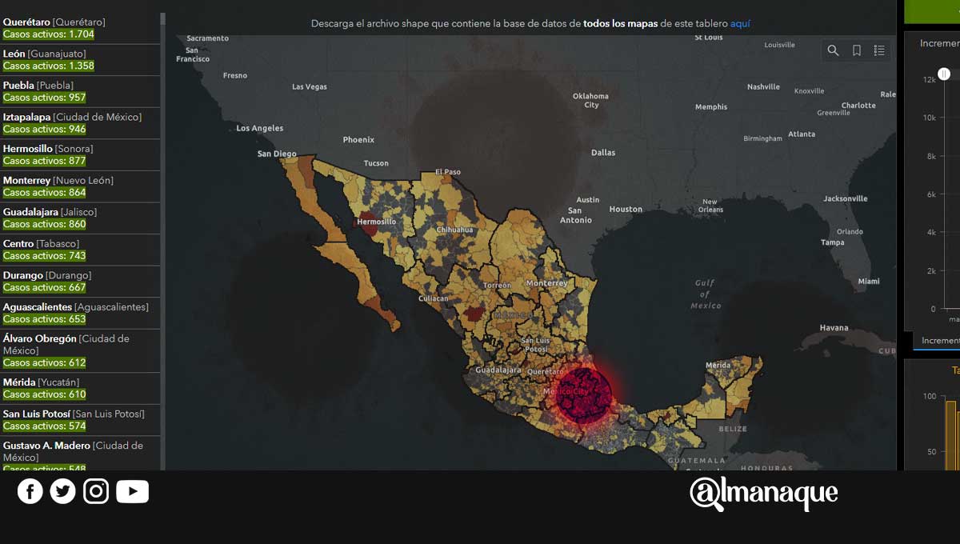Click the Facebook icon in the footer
(x=30, y=491)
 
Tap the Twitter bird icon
(x=62, y=491)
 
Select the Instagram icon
(x=96, y=491)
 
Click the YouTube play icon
(x=132, y=491)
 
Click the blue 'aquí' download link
(x=740, y=24)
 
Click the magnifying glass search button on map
(x=833, y=50)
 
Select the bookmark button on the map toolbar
(x=856, y=50)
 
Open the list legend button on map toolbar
(x=879, y=50)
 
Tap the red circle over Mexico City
(x=583, y=394)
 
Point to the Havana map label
(x=834, y=328)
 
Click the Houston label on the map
(x=626, y=210)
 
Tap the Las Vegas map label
(x=310, y=86)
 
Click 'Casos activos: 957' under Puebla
(x=44, y=98)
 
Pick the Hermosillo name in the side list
(x=27, y=149)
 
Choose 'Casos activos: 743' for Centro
(x=44, y=256)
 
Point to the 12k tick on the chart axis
(x=929, y=79)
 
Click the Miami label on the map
(x=869, y=282)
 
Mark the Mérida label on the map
(x=718, y=366)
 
